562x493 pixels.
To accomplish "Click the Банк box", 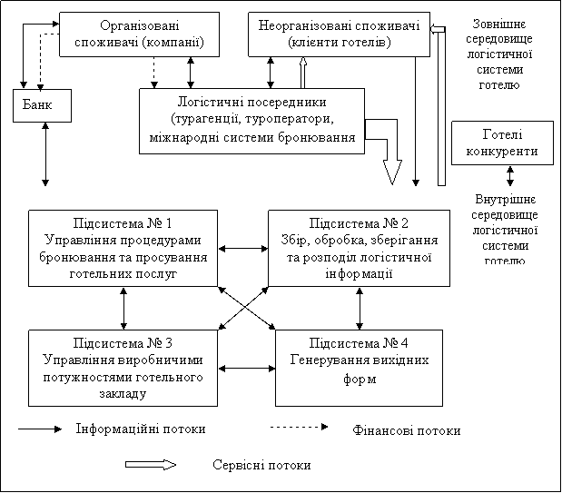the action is coord(43,105).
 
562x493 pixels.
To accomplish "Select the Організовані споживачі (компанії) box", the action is coord(139,35).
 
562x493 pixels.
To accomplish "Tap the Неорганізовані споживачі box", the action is coord(339,35).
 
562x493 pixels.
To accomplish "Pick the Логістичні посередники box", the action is coord(252,121).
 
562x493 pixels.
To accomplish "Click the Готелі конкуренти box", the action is coord(502,143).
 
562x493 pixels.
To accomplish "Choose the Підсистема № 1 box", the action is coord(123,248).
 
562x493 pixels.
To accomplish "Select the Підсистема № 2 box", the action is coord(360,248).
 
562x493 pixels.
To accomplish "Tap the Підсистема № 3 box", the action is coord(123,368).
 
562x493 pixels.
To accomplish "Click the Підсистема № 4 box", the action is coord(359,368).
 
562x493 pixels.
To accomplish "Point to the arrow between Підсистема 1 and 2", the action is coord(243,249).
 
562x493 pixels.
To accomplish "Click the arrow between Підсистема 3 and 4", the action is coord(247,369).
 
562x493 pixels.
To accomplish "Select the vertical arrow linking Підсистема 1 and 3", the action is coord(123,309).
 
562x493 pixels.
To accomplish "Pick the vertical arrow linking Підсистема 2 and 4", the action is coord(360,309).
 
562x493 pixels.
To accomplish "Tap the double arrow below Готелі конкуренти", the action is coord(509,176).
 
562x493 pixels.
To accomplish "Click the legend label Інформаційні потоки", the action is coord(141,429).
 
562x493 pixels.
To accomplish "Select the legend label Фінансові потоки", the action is coord(407,430).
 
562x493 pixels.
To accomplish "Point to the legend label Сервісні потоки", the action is coord(261,465).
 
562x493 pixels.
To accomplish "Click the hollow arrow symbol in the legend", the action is coord(151,465).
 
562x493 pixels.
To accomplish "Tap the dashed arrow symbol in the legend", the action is coord(300,427).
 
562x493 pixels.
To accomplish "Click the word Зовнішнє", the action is coord(499,24).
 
